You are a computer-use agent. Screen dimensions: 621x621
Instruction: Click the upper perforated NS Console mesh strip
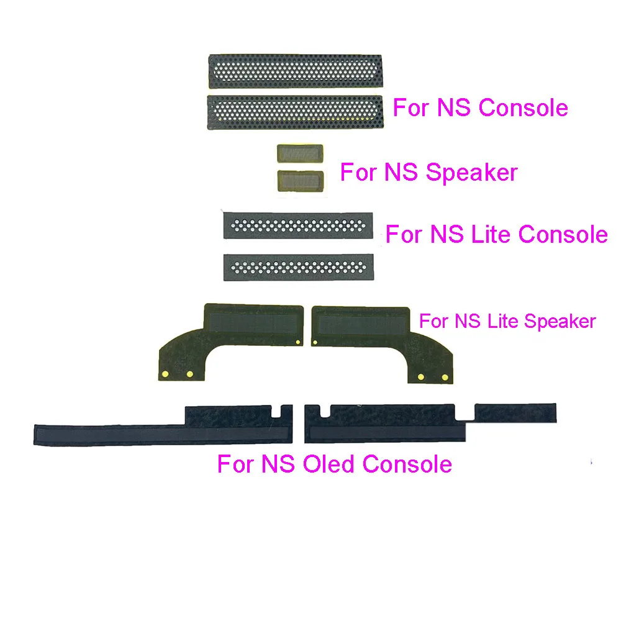296,71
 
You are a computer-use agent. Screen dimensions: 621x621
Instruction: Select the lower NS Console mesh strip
295,112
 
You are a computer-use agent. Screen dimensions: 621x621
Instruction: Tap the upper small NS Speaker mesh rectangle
300,153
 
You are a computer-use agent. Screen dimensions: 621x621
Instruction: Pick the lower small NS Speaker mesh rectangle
301,181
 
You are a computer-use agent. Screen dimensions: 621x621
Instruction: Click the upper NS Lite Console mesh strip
298,226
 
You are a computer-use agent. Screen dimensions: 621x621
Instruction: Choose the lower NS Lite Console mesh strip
299,267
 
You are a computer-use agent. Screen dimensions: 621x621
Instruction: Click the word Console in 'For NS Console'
523,107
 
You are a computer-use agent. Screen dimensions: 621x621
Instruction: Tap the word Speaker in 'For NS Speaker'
472,173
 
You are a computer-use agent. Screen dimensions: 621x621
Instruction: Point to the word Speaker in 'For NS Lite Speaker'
560,321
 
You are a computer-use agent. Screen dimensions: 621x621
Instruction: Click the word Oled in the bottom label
329,464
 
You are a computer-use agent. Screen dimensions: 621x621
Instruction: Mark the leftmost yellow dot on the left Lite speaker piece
166,374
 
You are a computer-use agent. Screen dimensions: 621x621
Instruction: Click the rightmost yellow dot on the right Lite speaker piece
445,377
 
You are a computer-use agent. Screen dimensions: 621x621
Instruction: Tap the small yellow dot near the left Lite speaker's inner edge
298,342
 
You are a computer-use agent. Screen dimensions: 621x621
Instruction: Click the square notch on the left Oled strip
276,411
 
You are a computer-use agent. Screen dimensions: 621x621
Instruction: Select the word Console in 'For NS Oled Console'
407,464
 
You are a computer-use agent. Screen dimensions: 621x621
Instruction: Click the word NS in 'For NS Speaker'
401,172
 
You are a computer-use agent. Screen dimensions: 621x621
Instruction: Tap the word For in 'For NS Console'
412,107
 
